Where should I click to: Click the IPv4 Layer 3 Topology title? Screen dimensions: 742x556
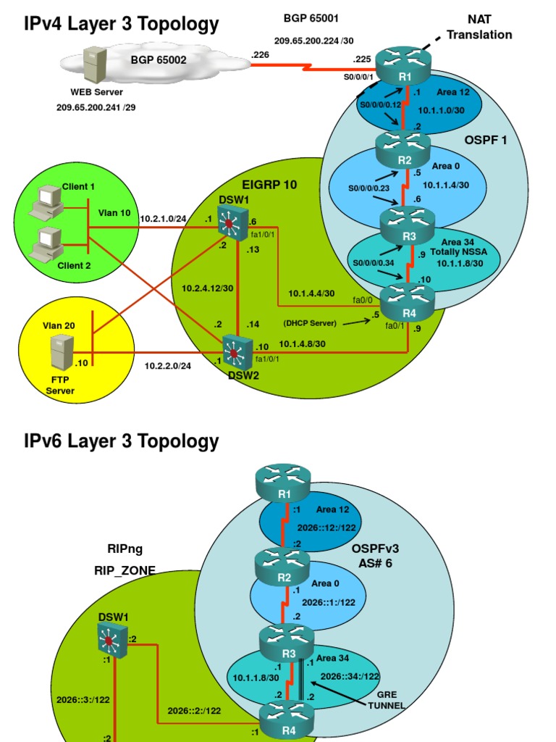click(121, 25)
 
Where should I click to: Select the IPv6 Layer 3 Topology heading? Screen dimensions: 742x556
click(121, 441)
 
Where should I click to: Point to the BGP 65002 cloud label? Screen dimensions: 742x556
click(159, 60)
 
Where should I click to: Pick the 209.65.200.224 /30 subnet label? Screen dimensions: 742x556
click(313, 42)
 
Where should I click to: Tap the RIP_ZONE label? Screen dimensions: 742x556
click(125, 570)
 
